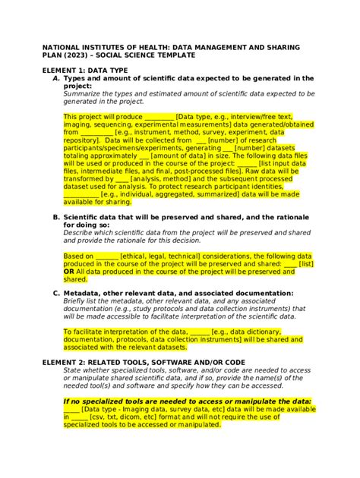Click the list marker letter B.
pyautogui.click(x=56, y=218)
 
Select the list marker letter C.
pyautogui.click(x=56, y=293)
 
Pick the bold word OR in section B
pyautogui.click(x=69, y=271)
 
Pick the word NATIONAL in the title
pyautogui.click(x=65, y=47)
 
